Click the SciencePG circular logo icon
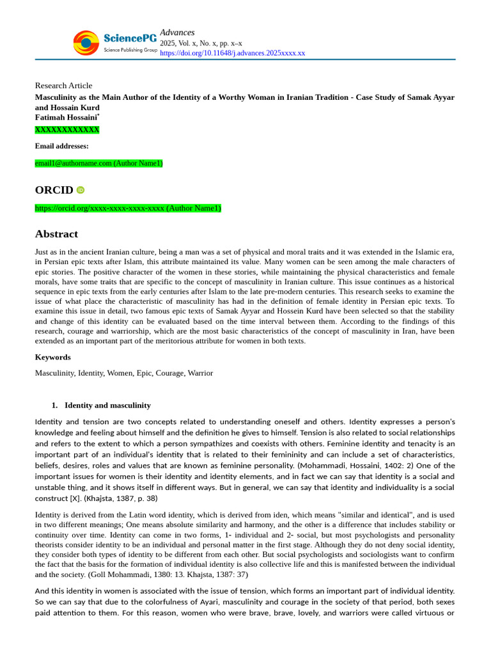tap(86, 43)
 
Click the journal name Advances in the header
tap(177, 33)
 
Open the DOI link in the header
tap(232, 53)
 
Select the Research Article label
tap(63, 86)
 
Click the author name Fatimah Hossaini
tap(66, 118)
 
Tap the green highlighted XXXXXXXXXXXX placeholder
tap(67, 130)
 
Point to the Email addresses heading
tap(61, 146)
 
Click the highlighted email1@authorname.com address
tap(98, 163)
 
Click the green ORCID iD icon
tap(81, 190)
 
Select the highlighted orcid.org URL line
tap(128, 208)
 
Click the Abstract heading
tap(56, 234)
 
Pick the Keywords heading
tap(52, 357)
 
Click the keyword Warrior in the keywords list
tap(200, 373)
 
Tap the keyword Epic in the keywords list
tap(144, 373)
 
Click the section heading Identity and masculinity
tap(107, 406)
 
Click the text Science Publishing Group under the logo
tap(130, 50)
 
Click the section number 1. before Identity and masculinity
tap(54, 406)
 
